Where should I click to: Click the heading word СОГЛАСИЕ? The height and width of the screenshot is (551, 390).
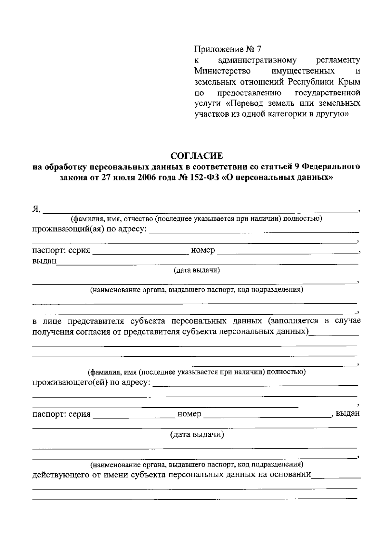coord(197,156)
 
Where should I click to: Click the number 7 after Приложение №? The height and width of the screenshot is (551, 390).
coord(259,49)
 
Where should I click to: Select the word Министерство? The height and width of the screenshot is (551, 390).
coord(222,71)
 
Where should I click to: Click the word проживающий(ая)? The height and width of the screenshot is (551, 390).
coord(68,229)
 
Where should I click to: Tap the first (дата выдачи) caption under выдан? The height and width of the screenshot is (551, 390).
coord(197,270)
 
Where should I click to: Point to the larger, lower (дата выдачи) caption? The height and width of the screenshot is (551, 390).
coord(197,435)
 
